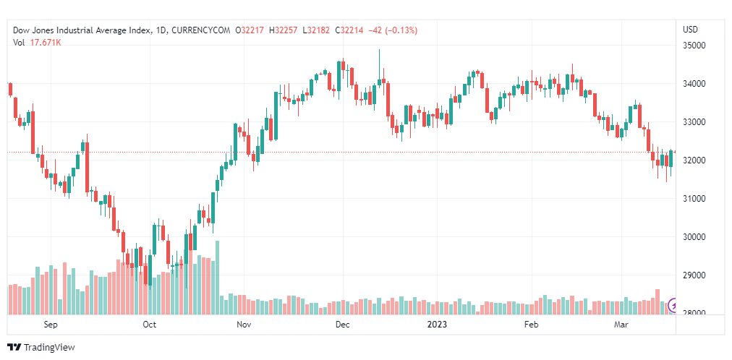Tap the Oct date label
coord(149,325)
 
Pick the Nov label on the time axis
coord(244,325)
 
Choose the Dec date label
coord(342,325)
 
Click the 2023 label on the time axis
coord(437,325)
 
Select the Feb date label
coord(532,325)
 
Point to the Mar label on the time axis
coord(621,325)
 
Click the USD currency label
coord(690,30)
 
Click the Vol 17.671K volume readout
coord(37,42)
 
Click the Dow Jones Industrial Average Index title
coord(82,30)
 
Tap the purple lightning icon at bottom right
coord(675,306)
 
